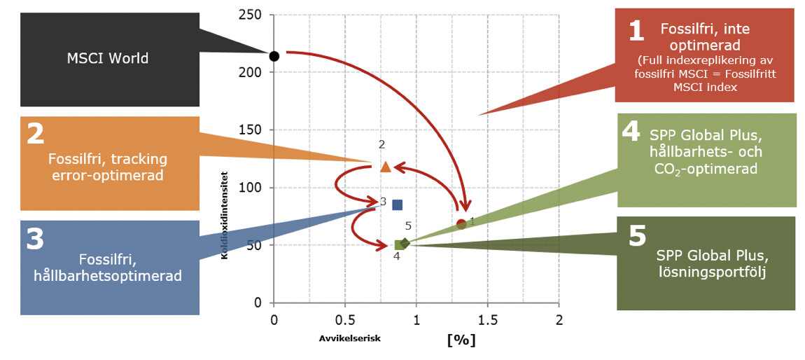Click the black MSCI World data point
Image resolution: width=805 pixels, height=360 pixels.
(x=274, y=55)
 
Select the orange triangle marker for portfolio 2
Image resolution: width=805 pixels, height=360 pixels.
(x=386, y=166)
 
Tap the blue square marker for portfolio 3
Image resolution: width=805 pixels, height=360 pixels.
(x=398, y=205)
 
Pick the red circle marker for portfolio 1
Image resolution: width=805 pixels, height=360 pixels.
(x=461, y=224)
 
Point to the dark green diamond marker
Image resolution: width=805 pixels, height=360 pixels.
(x=405, y=243)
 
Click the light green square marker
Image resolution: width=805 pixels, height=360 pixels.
(x=399, y=245)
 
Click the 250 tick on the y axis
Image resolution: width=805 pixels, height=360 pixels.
(x=251, y=15)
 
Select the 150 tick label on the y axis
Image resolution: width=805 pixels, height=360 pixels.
(x=251, y=130)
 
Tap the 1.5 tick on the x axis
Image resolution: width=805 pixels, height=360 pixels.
(x=488, y=320)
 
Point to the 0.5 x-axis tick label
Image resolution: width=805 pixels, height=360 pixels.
(x=344, y=320)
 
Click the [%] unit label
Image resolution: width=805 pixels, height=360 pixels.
(x=461, y=340)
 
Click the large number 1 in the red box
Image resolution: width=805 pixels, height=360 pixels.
(x=636, y=31)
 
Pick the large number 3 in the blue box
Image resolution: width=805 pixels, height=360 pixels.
(x=35, y=240)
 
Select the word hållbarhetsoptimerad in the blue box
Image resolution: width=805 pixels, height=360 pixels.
(x=108, y=275)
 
